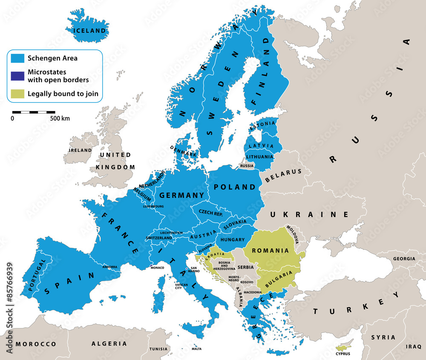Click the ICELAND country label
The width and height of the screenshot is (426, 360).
(x=89, y=31)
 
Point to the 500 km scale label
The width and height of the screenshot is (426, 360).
(x=60, y=118)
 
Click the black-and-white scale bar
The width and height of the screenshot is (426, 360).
(x=33, y=112)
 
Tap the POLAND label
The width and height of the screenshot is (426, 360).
(x=235, y=187)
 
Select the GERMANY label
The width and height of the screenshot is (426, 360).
(x=181, y=195)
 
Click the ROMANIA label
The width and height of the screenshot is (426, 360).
(x=271, y=251)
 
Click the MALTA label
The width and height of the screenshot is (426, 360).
(x=196, y=349)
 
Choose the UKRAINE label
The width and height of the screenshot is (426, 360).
(x=314, y=214)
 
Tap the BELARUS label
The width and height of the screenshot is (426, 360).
(x=283, y=175)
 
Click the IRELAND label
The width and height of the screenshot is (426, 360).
(x=81, y=150)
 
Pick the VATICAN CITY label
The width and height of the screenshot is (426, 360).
(x=181, y=286)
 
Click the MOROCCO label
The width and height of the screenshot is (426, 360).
(x=36, y=343)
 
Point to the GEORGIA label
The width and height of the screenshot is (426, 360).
(x=404, y=259)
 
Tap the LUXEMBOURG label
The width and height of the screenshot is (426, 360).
(x=153, y=206)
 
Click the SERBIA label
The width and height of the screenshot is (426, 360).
(x=245, y=267)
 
